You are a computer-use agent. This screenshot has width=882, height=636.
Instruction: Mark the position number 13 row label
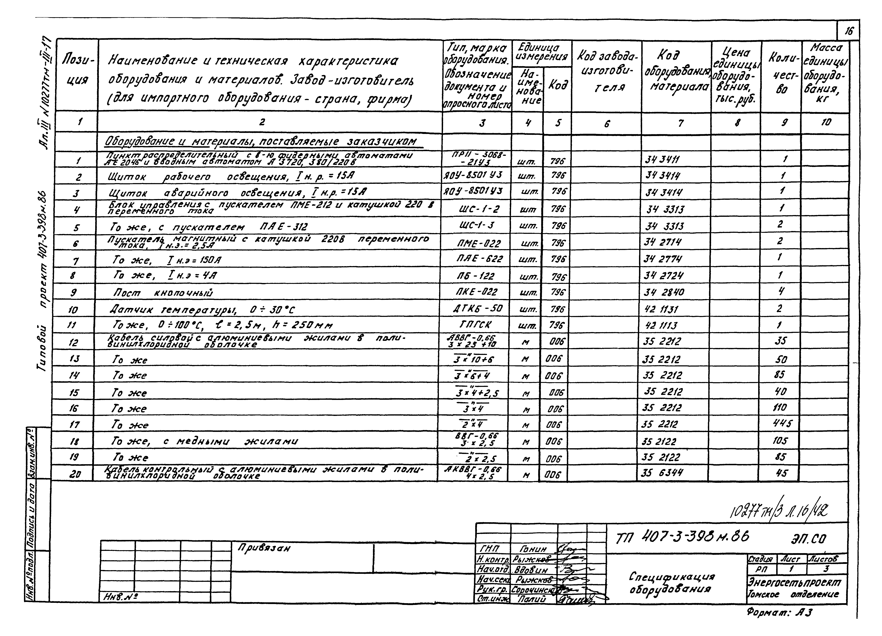[x=74, y=359]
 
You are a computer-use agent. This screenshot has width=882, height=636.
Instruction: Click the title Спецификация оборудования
[x=672, y=582]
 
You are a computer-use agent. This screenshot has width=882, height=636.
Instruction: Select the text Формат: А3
[x=779, y=613]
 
